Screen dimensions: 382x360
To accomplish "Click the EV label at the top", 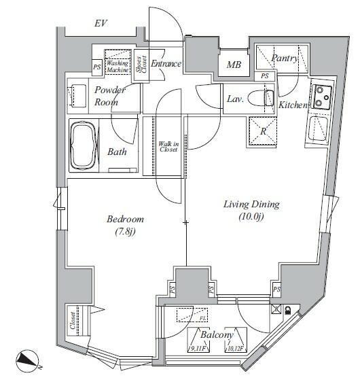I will [x=102, y=24].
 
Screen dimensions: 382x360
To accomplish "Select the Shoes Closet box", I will [x=141, y=67].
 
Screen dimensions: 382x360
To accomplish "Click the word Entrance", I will [x=166, y=64].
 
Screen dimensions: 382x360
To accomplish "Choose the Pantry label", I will [x=284, y=58].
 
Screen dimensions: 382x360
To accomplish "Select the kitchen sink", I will [x=318, y=128].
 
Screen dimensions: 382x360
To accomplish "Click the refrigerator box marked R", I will [x=263, y=131].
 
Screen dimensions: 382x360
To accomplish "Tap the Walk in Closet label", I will [x=168, y=146].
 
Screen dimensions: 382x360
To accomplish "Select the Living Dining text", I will [x=252, y=204].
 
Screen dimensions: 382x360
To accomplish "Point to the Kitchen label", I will [x=293, y=105].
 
